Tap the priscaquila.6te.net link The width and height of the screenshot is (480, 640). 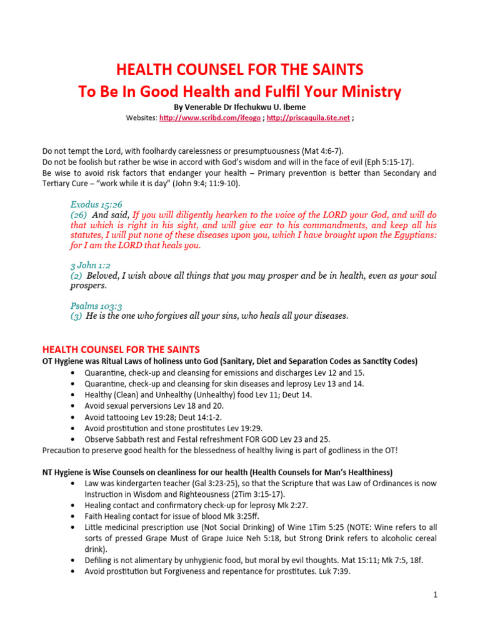(308, 117)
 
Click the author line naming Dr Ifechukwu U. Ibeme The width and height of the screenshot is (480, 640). (240, 107)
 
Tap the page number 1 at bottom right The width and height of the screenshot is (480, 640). (435, 595)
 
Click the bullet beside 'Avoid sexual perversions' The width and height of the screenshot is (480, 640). (74, 406)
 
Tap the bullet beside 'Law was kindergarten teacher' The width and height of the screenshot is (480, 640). (74, 484)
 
